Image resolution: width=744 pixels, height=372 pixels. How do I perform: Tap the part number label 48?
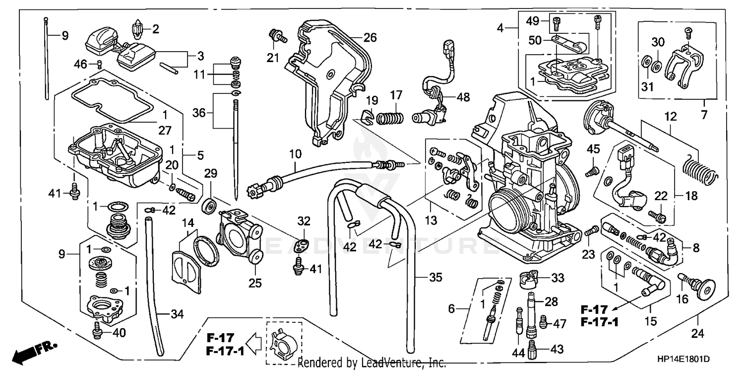463,98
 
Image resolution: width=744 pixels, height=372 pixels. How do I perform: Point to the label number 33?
558,278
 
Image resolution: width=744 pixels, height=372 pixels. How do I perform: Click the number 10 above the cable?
295,154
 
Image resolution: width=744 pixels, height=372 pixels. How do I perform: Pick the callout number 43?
557,350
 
